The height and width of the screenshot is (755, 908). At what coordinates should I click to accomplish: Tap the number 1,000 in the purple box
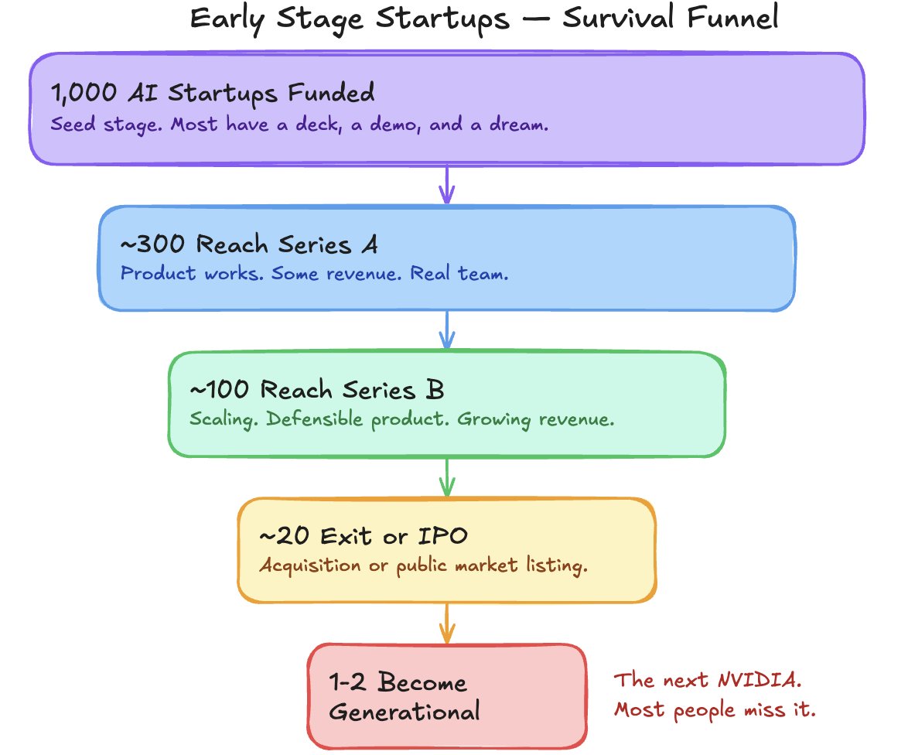point(80,94)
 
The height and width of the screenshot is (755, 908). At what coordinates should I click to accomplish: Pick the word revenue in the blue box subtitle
point(368,274)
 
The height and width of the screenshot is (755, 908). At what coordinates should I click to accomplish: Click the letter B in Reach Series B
point(435,389)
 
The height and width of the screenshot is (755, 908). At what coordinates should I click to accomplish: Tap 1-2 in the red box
point(348,683)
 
